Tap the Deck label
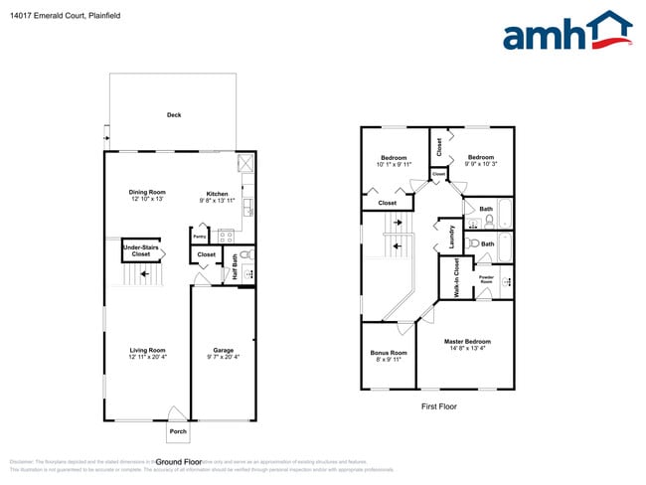(174, 115)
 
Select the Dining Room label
(146, 196)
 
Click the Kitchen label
(218, 194)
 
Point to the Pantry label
(199, 238)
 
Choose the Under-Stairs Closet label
(141, 249)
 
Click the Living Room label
(147, 353)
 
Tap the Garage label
(224, 353)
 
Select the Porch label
(178, 431)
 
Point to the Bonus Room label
(388, 356)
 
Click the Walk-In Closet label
(456, 277)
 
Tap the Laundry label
(451, 236)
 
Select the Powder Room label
(487, 279)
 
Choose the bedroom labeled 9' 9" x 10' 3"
(482, 160)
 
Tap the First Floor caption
(437, 406)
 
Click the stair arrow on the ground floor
(145, 276)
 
